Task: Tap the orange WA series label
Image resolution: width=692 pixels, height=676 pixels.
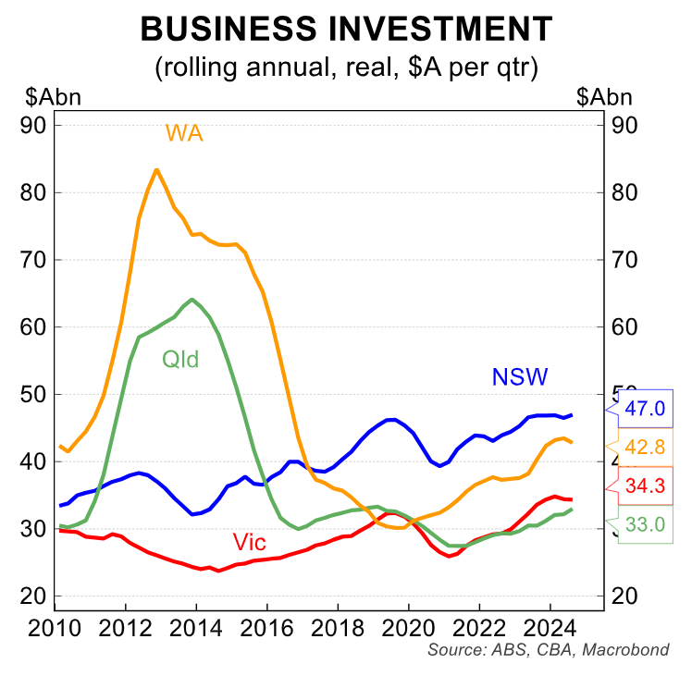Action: [x=184, y=133]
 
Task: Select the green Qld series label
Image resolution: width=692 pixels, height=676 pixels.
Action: [x=180, y=359]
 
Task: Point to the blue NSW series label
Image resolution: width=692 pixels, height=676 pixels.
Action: [x=519, y=376]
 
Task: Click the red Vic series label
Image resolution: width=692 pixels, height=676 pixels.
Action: [x=250, y=542]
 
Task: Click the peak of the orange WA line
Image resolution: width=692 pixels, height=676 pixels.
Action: [x=155, y=170]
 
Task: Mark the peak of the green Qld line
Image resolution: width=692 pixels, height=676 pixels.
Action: [x=192, y=300]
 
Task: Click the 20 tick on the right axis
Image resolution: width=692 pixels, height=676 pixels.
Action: [x=624, y=596]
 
